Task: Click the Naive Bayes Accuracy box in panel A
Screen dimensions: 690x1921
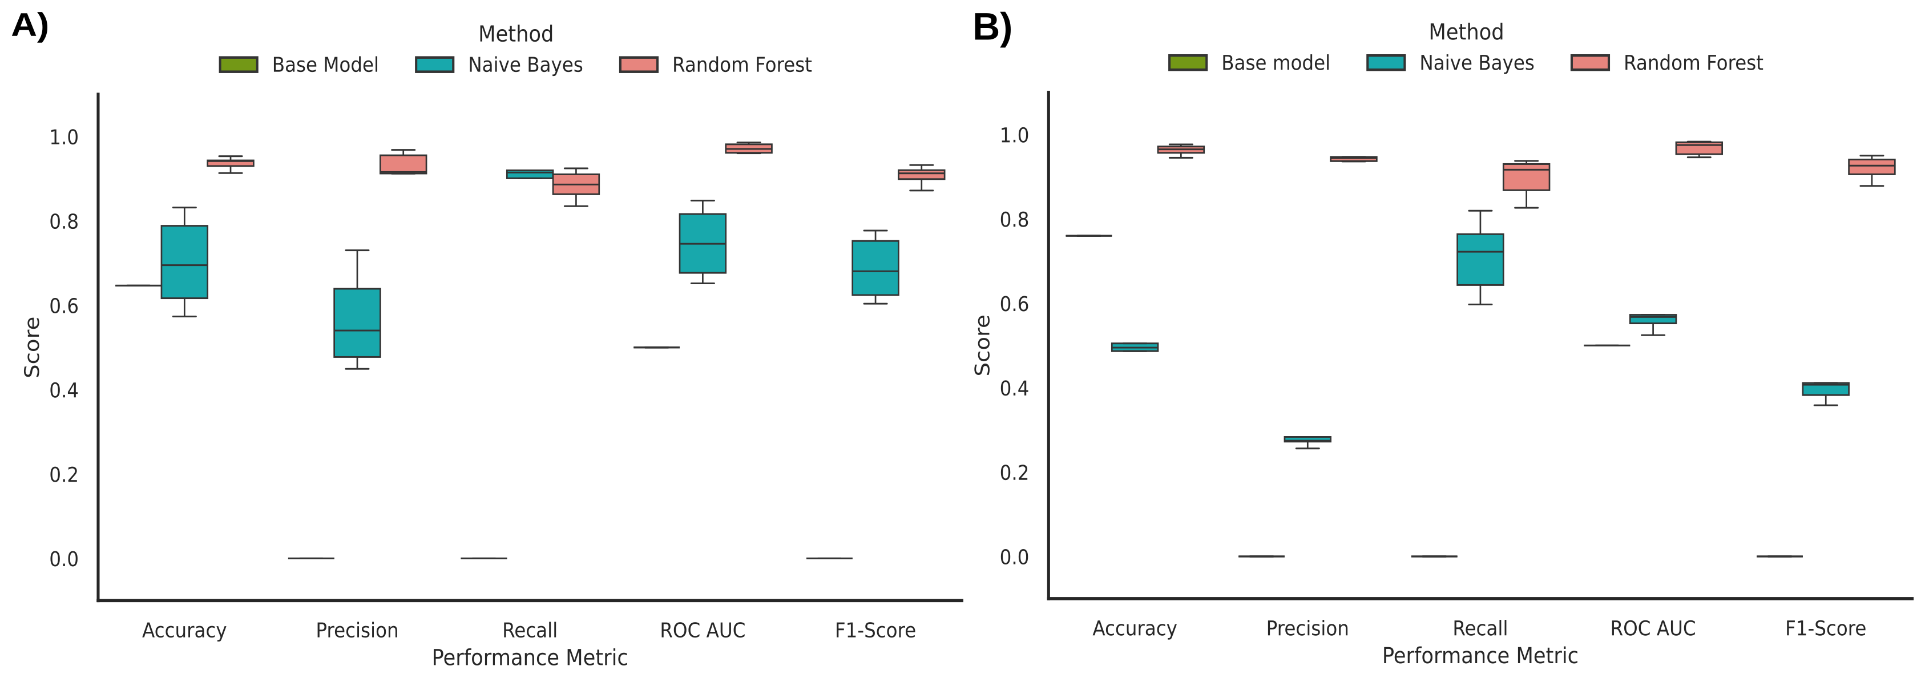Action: pyautogui.click(x=184, y=261)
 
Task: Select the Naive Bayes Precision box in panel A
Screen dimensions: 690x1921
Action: pyautogui.click(x=357, y=322)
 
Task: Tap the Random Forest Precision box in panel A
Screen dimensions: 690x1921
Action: pyautogui.click(x=403, y=163)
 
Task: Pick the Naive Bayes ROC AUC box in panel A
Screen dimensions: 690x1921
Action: pyautogui.click(x=703, y=243)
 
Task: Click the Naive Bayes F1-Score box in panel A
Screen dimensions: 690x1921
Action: pyautogui.click(x=875, y=267)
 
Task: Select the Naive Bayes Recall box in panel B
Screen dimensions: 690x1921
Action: pyautogui.click(x=1480, y=259)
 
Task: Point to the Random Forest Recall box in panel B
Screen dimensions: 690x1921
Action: pyautogui.click(x=1527, y=177)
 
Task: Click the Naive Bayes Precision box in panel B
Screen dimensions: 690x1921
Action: pyautogui.click(x=1307, y=439)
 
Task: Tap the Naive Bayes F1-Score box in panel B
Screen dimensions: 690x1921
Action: pyautogui.click(x=1826, y=389)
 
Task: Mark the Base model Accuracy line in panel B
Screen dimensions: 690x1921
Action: pyautogui.click(x=1089, y=236)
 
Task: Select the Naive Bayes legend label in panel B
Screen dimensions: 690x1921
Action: pyautogui.click(x=1476, y=63)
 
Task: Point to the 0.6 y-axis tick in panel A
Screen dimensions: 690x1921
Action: pyautogui.click(x=64, y=306)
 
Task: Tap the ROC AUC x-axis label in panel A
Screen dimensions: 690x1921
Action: pyautogui.click(x=703, y=630)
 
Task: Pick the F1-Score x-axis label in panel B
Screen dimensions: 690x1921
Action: pyautogui.click(x=1826, y=628)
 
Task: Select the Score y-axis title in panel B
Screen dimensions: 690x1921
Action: pyautogui.click(x=983, y=345)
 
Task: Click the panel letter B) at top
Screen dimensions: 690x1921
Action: pyautogui.click(x=992, y=29)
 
